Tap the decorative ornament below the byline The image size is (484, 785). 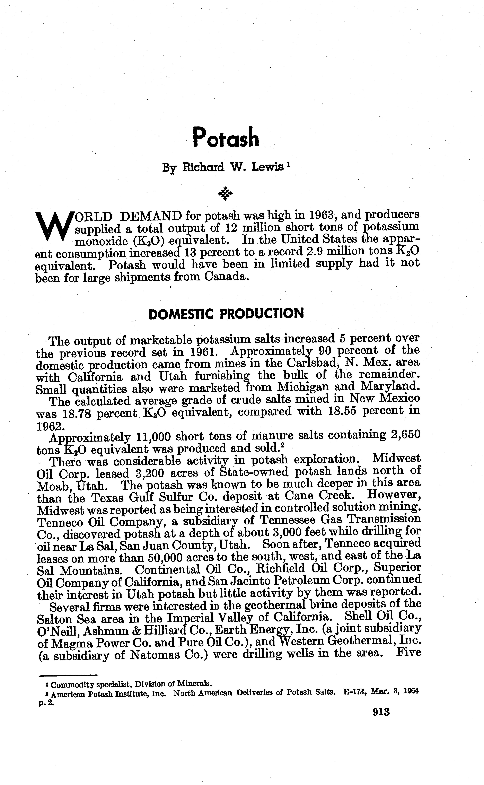[x=225, y=193]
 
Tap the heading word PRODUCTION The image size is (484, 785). [x=262, y=314]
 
